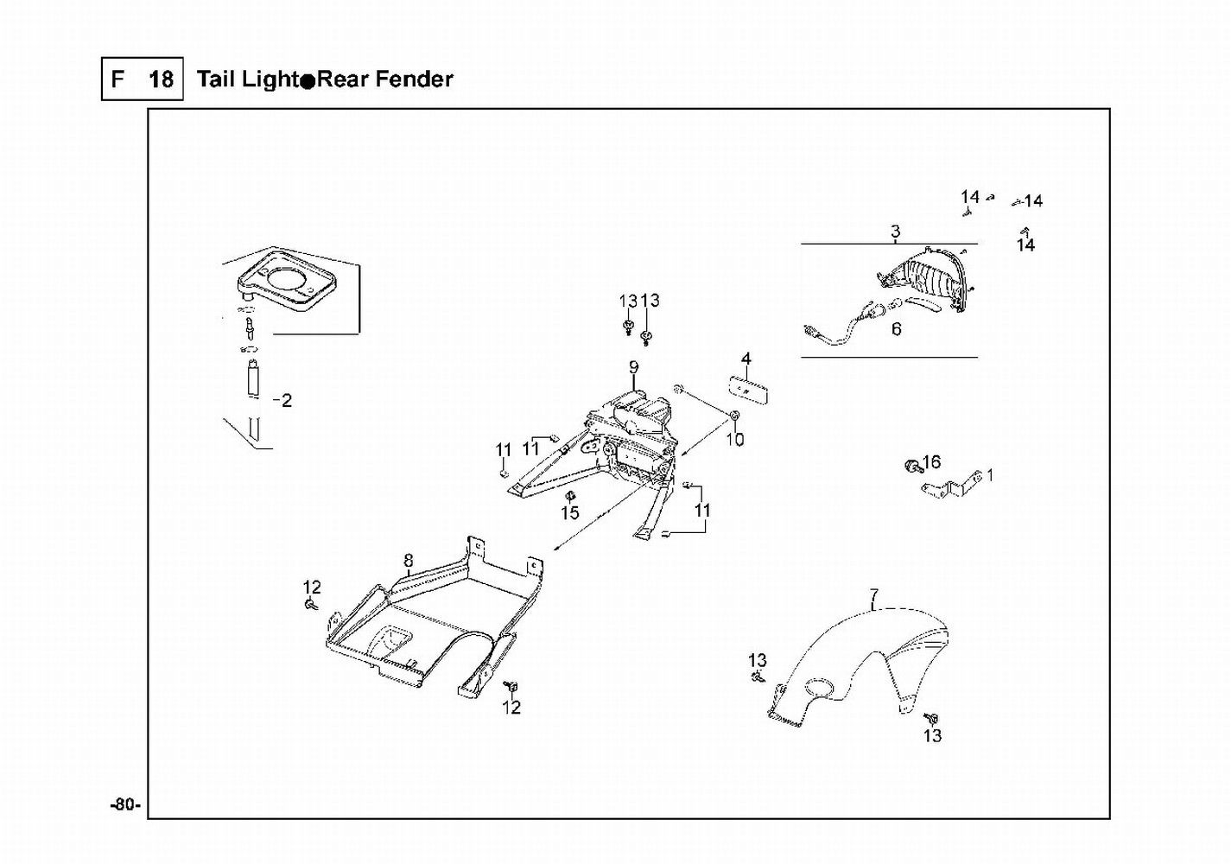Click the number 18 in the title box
click(161, 80)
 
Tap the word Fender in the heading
click(410, 79)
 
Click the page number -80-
click(124, 805)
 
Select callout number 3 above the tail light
click(895, 232)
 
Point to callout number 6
click(896, 329)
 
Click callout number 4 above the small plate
click(746, 359)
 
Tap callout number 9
click(633, 367)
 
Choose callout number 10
click(734, 440)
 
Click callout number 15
click(569, 513)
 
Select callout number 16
click(931, 462)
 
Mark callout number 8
click(409, 562)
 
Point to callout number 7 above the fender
click(874, 595)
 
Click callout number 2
click(286, 400)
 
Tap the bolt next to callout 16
click(911, 467)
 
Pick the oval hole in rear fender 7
click(819, 689)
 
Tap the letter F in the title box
click(117, 80)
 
